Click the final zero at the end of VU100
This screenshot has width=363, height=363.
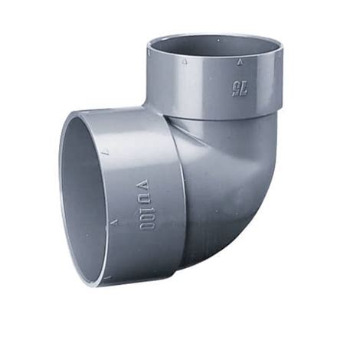pyautogui.click(x=147, y=226)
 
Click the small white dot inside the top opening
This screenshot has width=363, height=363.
pyautogui.click(x=218, y=40)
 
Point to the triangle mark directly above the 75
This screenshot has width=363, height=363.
pyautogui.click(x=239, y=62)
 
